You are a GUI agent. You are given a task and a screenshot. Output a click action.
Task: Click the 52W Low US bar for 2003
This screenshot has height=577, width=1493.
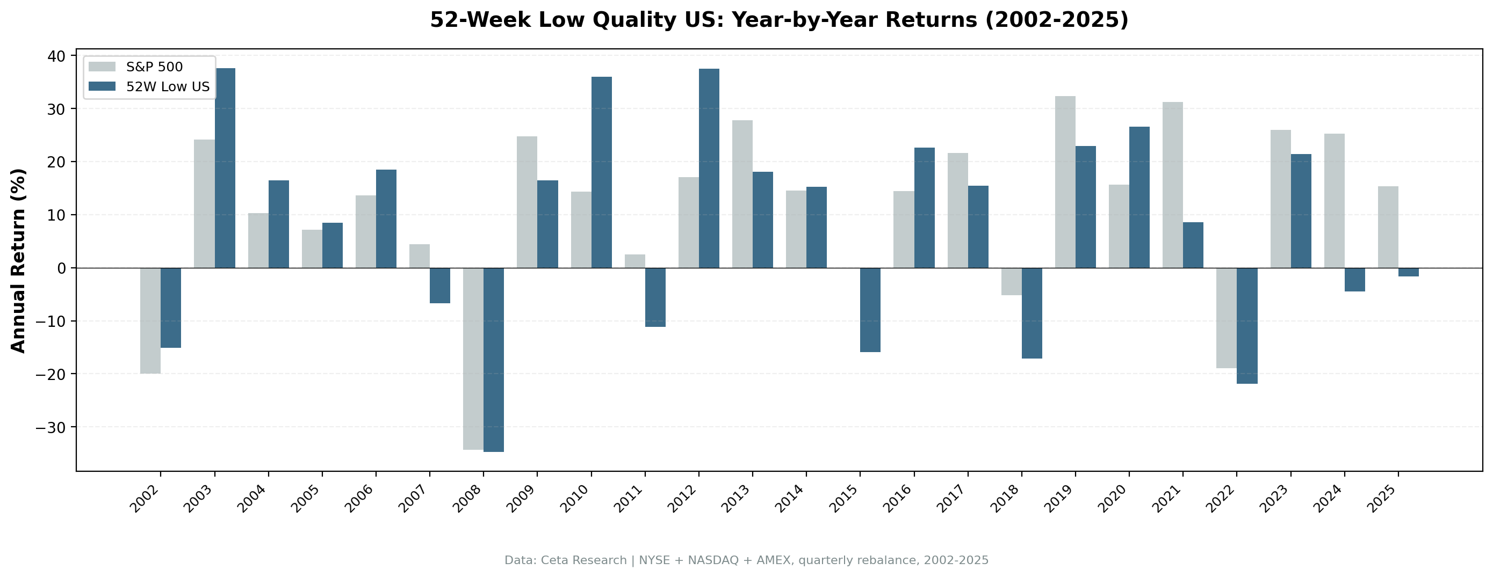point(225,168)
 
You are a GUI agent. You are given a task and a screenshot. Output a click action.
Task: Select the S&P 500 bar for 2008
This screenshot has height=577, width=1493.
point(473,359)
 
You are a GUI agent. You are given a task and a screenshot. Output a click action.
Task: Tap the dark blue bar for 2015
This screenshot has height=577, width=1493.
point(870,310)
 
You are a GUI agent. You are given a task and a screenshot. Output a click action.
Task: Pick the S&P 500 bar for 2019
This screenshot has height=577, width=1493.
point(1065,182)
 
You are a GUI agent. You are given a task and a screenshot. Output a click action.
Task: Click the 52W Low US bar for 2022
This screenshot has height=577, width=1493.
point(1247,326)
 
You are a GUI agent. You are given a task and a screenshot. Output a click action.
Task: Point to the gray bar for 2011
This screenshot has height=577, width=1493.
point(634,261)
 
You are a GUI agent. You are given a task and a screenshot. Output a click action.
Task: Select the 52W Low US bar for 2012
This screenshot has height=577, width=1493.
point(709,168)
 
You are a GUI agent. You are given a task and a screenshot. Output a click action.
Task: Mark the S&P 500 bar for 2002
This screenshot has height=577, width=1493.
point(150,320)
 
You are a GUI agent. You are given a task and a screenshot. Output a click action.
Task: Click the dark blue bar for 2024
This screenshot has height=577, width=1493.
point(1354,279)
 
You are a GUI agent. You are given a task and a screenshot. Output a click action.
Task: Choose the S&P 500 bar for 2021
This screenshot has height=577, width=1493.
point(1172,185)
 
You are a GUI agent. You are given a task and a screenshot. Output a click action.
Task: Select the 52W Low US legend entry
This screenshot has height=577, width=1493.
point(168,87)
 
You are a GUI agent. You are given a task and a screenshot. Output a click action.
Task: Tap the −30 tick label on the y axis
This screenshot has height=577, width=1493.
point(51,427)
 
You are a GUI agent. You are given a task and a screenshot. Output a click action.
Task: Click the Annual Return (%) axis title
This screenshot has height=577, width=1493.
point(19,261)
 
